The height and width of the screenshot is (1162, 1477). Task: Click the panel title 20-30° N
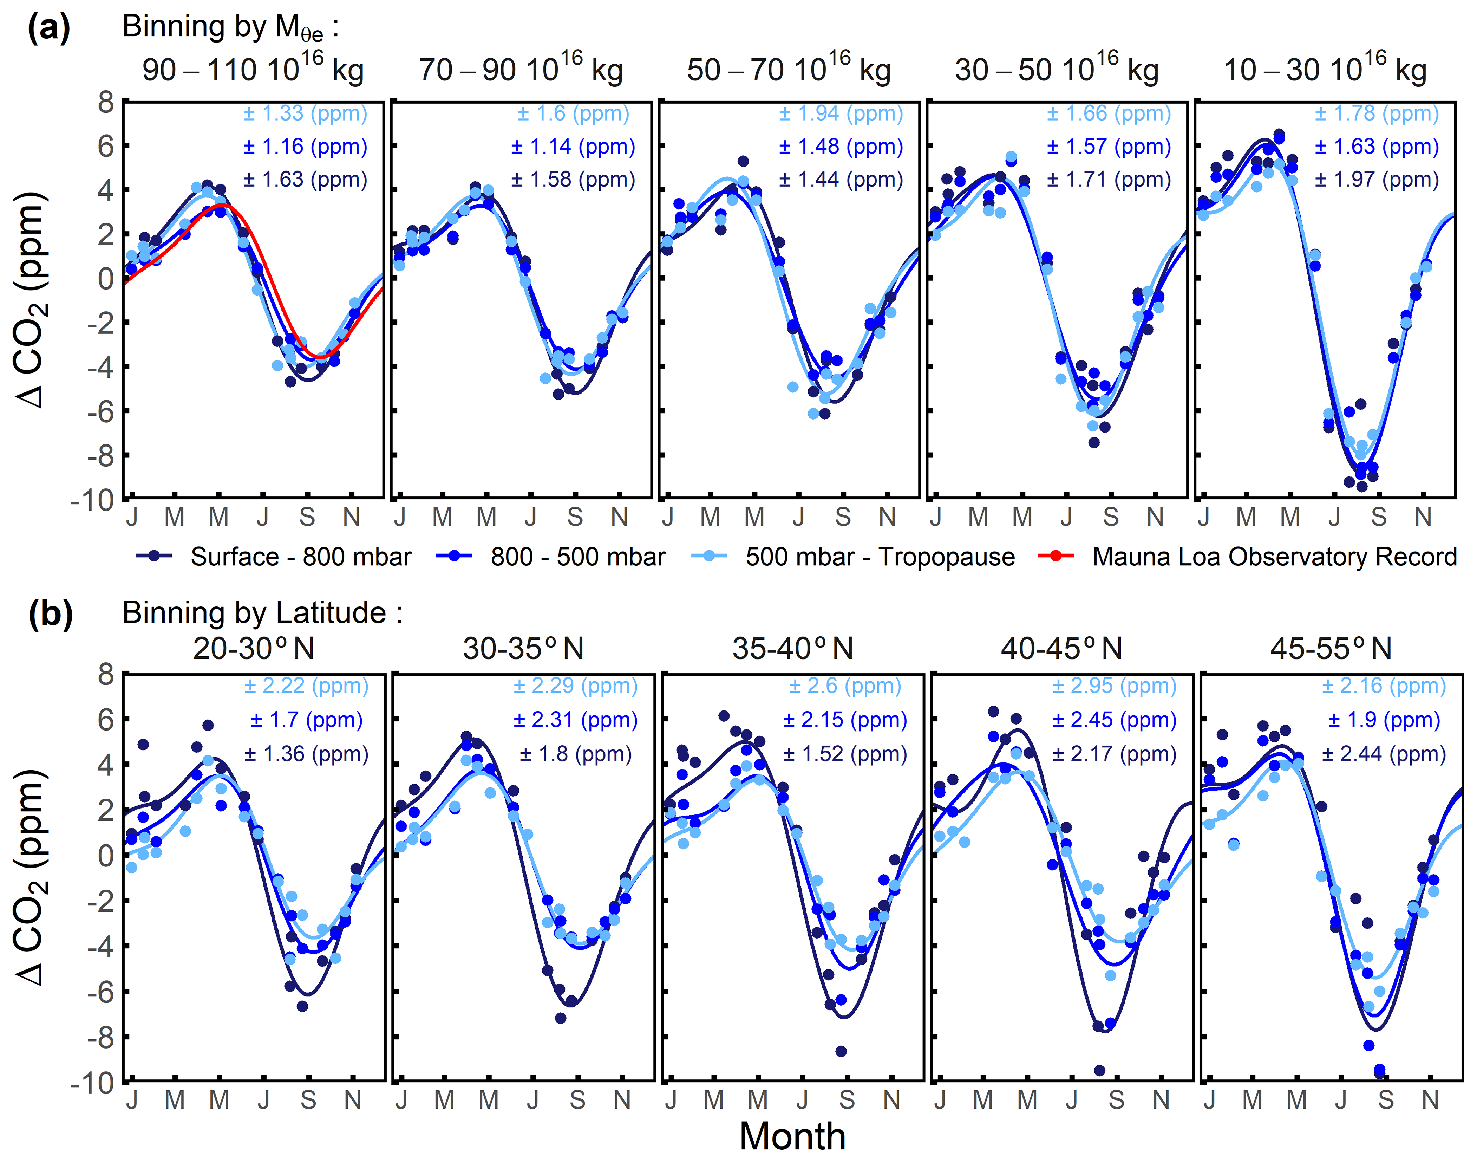click(x=254, y=648)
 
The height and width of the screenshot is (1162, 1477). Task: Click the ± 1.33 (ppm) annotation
click(x=305, y=113)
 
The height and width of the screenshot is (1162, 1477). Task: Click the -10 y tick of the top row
click(x=92, y=500)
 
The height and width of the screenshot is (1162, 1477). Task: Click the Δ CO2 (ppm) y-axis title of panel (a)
click(x=31, y=299)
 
